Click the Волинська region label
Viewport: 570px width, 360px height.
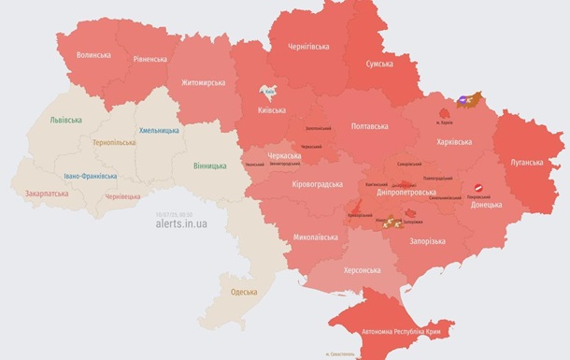[x=93, y=55]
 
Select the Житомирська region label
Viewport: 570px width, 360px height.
[x=203, y=82]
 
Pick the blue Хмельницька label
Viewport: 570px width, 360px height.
[x=160, y=130]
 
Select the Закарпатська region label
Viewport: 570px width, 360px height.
[x=50, y=194]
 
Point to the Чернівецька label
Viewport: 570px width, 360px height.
[x=122, y=196]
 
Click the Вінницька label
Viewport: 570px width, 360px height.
[x=209, y=166]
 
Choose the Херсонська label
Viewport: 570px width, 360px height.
[x=363, y=270]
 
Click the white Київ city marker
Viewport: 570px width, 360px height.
[x=269, y=93]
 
